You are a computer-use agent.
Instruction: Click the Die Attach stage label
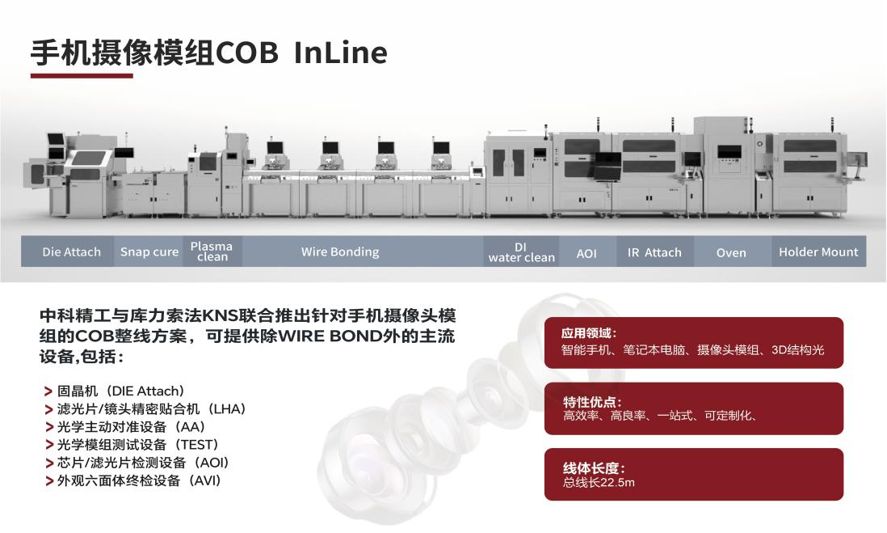tap(72, 252)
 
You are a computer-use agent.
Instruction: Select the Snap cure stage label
tap(149, 252)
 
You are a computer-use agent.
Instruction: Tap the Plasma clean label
tap(212, 252)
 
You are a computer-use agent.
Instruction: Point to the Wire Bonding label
tap(340, 252)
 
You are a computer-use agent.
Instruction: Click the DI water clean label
tap(522, 252)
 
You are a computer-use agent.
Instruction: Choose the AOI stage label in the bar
tap(586, 253)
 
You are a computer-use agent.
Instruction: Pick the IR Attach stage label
tap(654, 252)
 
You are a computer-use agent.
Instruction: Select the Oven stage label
tap(731, 253)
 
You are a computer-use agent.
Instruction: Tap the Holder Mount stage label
tap(818, 252)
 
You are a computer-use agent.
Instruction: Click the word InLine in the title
tap(340, 53)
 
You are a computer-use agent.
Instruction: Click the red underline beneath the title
tap(82, 76)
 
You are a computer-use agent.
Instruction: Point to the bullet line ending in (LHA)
tap(151, 409)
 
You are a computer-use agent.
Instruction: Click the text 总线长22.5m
tap(599, 484)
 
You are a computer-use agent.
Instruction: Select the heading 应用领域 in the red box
tap(589, 333)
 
